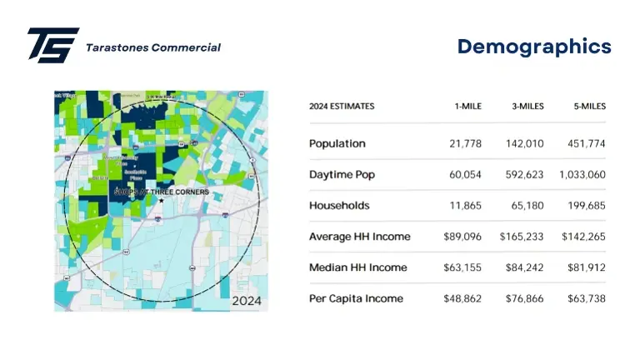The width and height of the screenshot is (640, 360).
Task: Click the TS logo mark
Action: pos(52,45)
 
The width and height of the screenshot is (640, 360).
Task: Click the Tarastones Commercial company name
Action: pos(153,47)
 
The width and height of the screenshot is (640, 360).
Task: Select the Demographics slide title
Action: pos(534,47)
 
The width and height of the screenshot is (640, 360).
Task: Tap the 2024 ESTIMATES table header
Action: pos(342,107)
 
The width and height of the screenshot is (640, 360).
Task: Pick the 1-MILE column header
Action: pos(467,107)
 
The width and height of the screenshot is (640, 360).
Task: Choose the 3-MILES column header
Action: pos(527,107)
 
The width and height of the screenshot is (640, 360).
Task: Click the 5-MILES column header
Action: pos(589,107)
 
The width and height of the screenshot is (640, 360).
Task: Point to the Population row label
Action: pos(337,143)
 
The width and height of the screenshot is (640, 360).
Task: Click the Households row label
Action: pos(339,205)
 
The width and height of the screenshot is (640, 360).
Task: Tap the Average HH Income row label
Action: pos(359,237)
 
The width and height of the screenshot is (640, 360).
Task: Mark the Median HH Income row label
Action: pos(357,267)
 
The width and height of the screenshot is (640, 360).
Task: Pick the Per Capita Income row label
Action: pos(356,298)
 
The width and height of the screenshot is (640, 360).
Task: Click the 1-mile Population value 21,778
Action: pos(465,144)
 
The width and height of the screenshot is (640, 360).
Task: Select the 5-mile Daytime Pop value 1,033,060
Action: pos(583,175)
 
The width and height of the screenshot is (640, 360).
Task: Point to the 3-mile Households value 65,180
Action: pos(527,206)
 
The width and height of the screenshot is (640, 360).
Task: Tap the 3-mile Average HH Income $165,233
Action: pos(522,237)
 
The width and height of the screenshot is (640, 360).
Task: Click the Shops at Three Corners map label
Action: pos(161,192)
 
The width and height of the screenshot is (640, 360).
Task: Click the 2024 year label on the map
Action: pos(247,300)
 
